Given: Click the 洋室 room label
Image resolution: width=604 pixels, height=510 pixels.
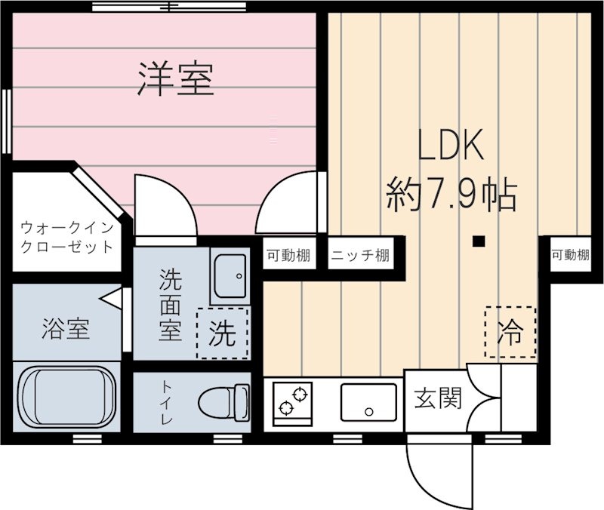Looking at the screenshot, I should (x=176, y=79).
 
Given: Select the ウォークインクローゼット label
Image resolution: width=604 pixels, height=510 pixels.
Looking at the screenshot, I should (x=67, y=236).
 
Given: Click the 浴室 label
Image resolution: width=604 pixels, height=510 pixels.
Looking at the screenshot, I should (x=66, y=329).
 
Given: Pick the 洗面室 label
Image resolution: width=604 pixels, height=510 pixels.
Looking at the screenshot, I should (x=170, y=305).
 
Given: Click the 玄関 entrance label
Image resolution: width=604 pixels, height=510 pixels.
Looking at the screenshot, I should (x=437, y=398).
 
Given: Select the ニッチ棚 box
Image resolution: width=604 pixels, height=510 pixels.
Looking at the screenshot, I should (x=360, y=256).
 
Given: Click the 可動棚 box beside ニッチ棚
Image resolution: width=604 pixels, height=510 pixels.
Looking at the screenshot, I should (x=288, y=256).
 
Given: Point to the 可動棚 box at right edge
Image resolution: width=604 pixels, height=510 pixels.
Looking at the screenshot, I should (x=569, y=256).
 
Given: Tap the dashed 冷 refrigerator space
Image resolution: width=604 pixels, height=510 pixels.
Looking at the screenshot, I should (x=510, y=333).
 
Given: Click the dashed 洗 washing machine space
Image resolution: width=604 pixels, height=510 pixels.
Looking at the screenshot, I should (x=222, y=333).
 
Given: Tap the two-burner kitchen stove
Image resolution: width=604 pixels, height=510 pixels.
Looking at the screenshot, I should (x=293, y=401).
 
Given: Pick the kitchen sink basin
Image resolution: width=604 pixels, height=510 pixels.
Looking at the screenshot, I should (x=368, y=401).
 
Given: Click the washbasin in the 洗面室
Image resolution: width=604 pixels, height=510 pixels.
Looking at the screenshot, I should (x=230, y=276).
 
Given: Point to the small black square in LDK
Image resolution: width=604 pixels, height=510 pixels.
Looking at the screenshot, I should (x=477, y=242).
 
